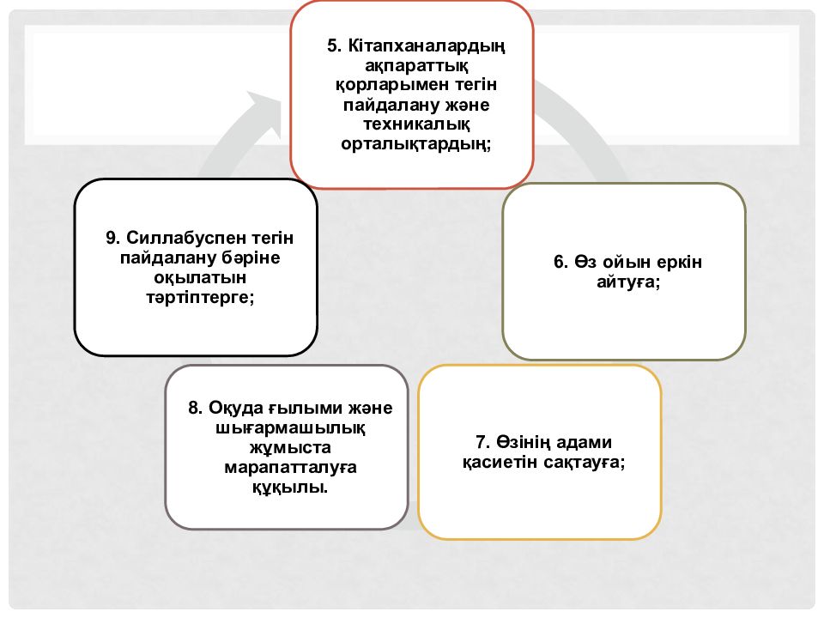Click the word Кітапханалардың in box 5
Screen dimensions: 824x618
click(427, 46)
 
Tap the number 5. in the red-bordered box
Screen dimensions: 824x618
click(334, 45)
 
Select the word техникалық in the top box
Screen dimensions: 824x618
click(416, 124)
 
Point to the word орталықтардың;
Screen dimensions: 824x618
click(415, 144)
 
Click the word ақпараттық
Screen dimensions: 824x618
click(416, 66)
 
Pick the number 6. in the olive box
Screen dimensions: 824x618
click(560, 262)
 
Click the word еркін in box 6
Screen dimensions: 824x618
click(680, 263)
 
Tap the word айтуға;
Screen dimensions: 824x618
click(628, 282)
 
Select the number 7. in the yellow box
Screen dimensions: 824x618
click(483, 442)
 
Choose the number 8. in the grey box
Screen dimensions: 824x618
click(196, 408)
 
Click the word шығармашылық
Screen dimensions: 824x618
click(291, 427)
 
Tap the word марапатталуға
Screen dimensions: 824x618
click(291, 468)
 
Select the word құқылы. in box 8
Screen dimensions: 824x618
click(290, 488)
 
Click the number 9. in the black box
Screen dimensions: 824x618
click(113, 238)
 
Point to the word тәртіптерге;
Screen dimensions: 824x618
click(200, 298)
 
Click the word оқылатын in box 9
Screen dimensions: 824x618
click(200, 278)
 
